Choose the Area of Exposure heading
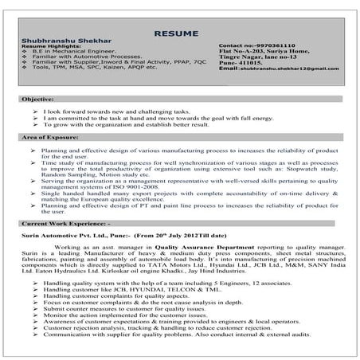[x=55, y=138]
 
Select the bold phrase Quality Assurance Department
[x=195, y=247]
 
